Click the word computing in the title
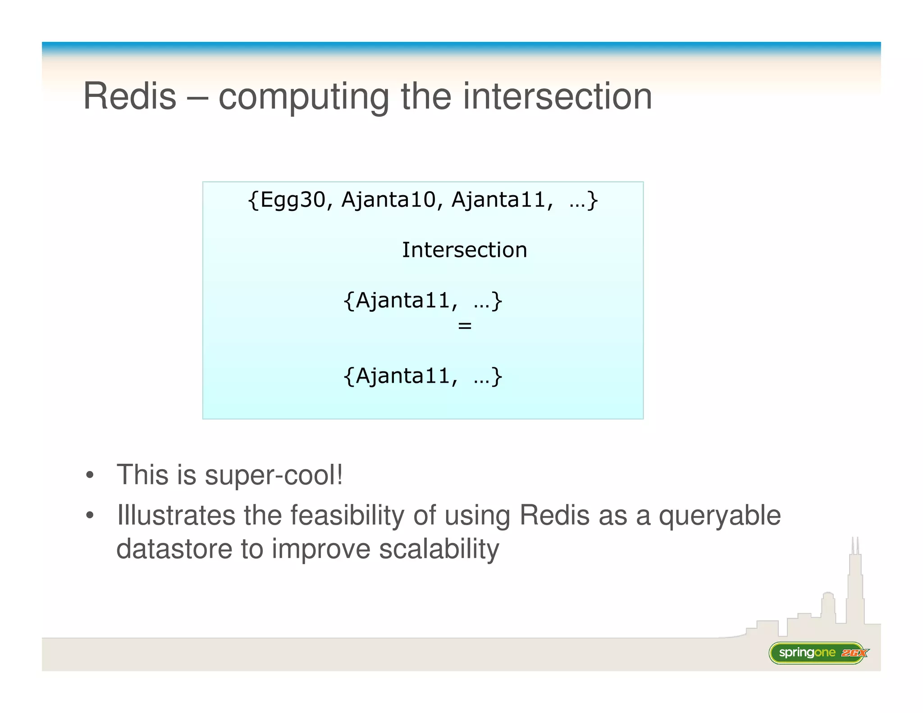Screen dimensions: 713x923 pyautogui.click(x=304, y=97)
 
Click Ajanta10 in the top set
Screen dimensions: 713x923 pyautogui.click(x=388, y=200)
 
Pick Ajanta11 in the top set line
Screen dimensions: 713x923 pyautogui.click(x=498, y=200)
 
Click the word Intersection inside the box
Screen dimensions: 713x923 pyautogui.click(x=464, y=250)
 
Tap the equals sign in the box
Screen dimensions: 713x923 pyautogui.click(x=465, y=325)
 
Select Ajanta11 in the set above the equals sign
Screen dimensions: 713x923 pyautogui.click(x=403, y=301)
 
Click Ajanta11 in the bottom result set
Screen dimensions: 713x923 pyautogui.click(x=403, y=376)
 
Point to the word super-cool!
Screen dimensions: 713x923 pyautogui.click(x=274, y=475)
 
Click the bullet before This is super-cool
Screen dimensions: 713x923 pyautogui.click(x=90, y=475)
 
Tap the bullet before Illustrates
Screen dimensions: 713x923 pyautogui.click(x=90, y=515)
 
